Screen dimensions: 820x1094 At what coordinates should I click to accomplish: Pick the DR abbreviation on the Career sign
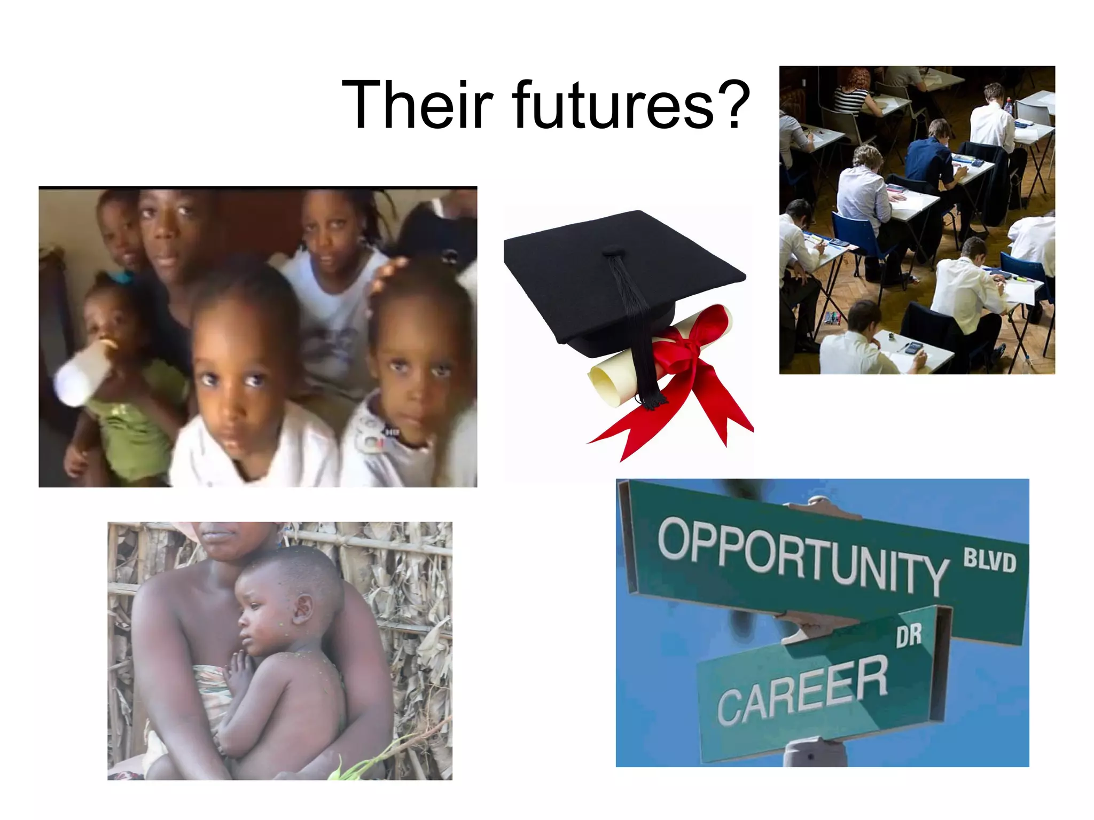click(909, 635)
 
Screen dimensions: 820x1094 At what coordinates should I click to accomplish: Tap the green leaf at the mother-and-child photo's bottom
click(347, 769)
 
